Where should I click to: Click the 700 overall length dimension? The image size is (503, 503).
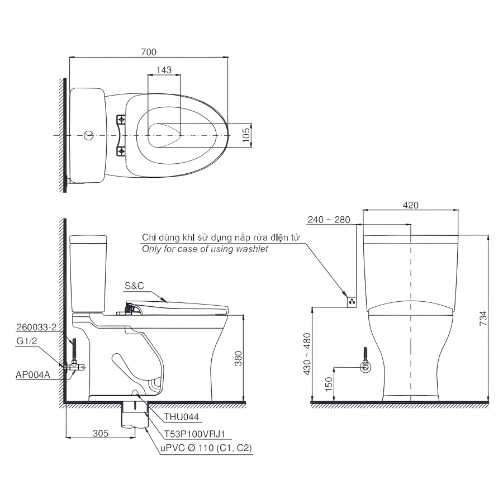point(148,51)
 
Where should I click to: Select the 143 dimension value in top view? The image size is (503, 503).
point(164,70)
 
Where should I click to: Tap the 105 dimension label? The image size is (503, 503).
point(246,135)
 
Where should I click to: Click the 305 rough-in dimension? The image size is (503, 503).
point(101,433)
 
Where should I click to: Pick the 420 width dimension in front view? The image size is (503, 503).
point(411,205)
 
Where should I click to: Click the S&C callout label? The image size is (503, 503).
point(134,286)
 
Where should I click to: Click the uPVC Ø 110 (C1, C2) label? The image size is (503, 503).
point(203,448)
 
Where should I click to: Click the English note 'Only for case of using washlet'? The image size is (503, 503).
point(205,249)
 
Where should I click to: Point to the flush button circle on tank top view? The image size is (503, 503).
point(88,135)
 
